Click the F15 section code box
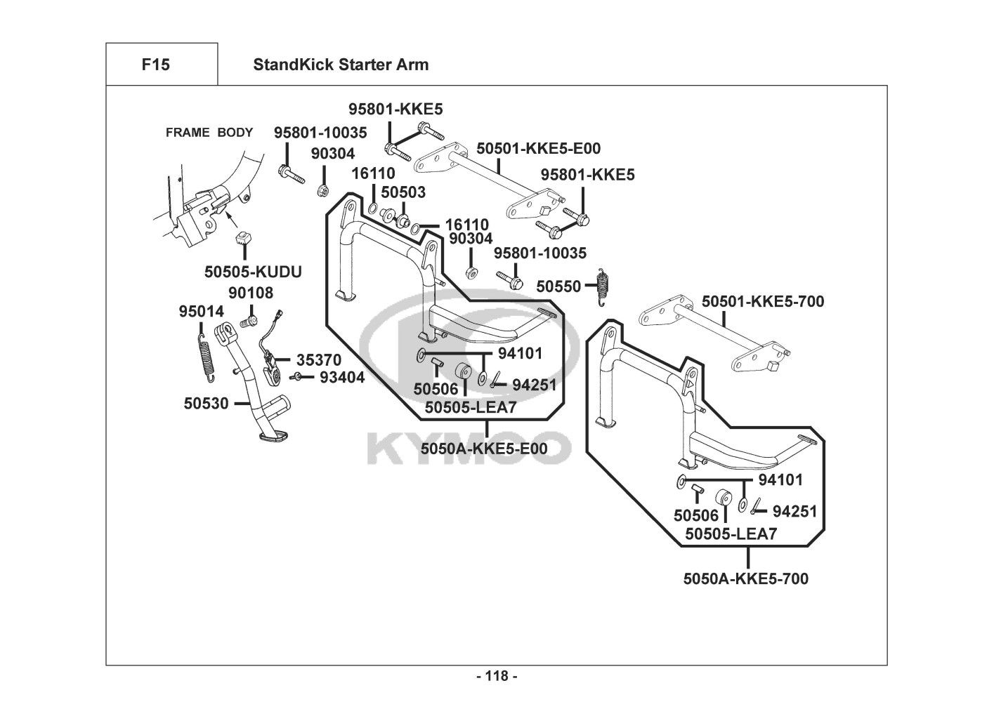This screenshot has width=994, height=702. tap(155, 65)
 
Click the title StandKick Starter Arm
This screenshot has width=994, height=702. tap(341, 65)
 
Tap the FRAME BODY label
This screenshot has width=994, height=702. tap(209, 133)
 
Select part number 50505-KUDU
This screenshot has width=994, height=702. tap(253, 271)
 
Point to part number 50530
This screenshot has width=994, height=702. tap(207, 404)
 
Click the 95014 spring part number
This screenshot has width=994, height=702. tap(201, 311)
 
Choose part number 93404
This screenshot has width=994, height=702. tap(342, 378)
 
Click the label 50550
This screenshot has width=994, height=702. tap(558, 286)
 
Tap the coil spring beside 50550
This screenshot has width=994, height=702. tap(601, 287)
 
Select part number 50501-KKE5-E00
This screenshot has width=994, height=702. tap(539, 149)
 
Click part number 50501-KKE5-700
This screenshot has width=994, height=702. tap(763, 302)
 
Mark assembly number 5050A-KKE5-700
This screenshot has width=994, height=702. tap(745, 579)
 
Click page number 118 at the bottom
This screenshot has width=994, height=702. tap(497, 677)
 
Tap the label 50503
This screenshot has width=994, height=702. tap(403, 192)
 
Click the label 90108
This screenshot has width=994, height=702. tap(251, 293)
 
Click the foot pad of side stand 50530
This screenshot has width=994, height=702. tap(273, 437)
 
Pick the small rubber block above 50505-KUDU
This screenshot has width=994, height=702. tap(244, 237)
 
